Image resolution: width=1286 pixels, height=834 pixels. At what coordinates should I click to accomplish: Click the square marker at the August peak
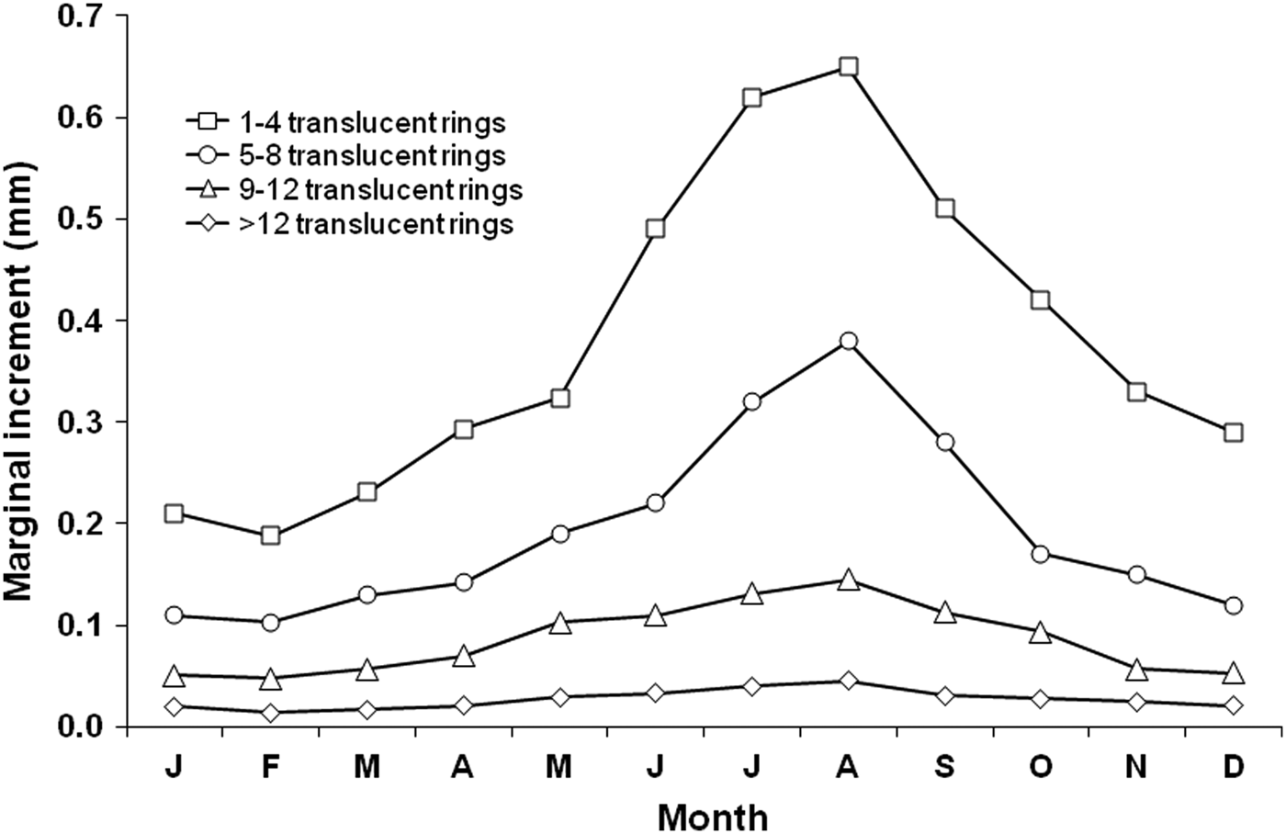tap(848, 67)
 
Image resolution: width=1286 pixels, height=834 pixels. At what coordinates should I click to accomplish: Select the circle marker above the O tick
tap(1041, 554)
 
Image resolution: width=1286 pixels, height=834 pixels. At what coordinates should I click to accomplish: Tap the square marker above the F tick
tap(270, 535)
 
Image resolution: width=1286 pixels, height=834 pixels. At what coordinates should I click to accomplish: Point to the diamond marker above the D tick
tap(1233, 705)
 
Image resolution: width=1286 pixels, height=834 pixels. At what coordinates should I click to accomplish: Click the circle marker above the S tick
tap(944, 443)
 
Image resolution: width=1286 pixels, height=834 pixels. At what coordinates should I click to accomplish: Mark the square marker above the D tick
tap(1233, 432)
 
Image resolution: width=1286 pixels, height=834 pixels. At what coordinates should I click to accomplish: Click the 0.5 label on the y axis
tap(84, 220)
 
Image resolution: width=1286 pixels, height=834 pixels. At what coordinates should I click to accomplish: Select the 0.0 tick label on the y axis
tap(84, 727)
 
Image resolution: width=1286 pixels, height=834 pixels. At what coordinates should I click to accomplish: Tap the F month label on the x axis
tap(270, 766)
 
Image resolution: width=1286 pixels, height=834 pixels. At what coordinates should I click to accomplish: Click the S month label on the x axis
tap(944, 766)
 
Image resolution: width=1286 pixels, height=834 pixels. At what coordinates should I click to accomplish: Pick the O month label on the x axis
tap(1041, 766)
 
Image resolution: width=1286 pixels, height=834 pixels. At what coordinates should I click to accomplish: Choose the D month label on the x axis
tap(1233, 766)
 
